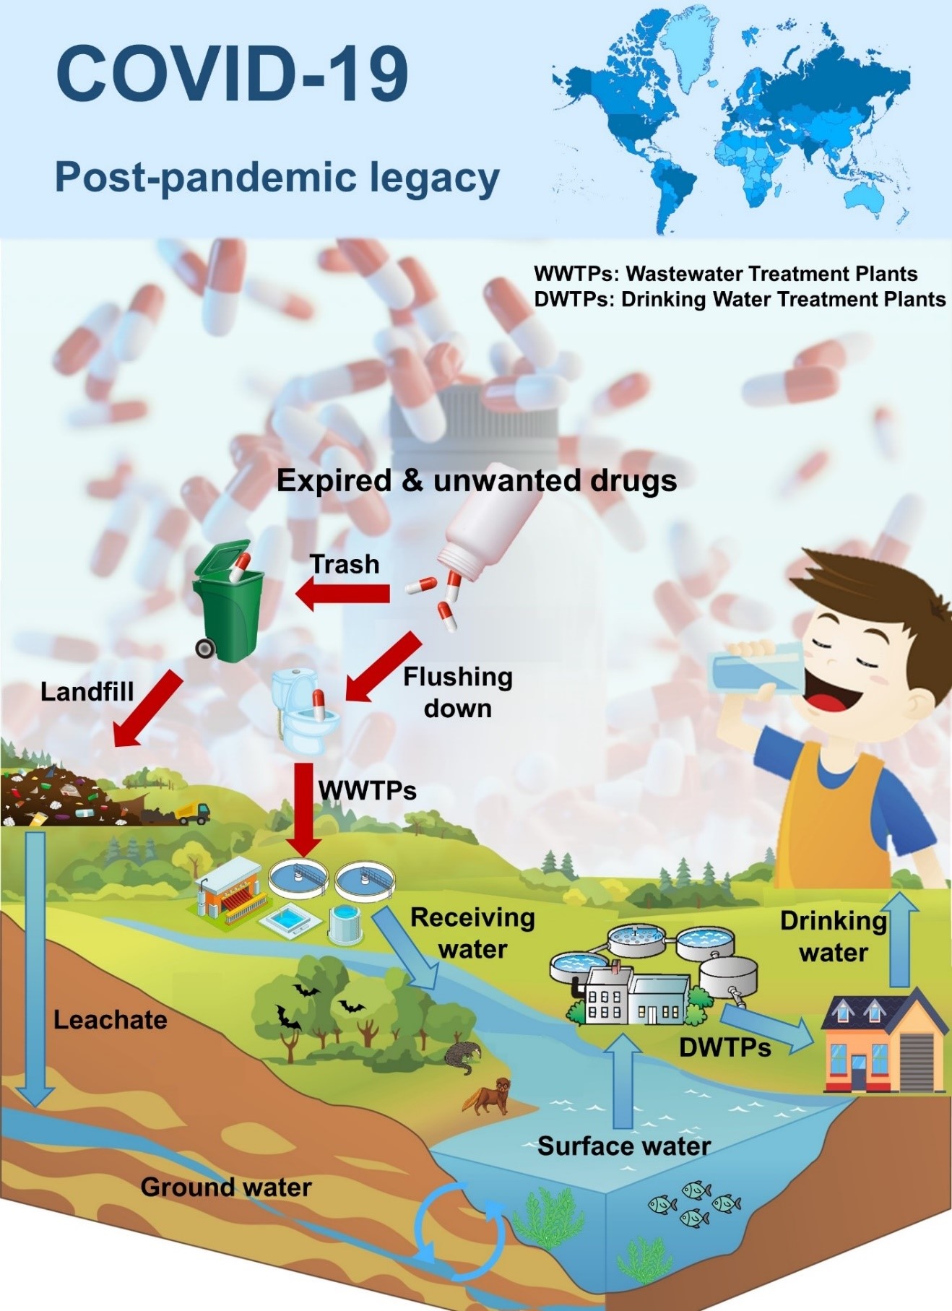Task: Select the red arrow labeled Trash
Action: point(343,594)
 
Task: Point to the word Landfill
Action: point(87,692)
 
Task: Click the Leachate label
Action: point(110,1020)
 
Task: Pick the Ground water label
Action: point(225,1187)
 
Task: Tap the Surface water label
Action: point(624,1146)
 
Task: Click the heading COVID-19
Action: point(232,74)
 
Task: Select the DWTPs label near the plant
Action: point(724,1047)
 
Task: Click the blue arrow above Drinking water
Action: point(899,939)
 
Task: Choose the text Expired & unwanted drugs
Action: point(477,481)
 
